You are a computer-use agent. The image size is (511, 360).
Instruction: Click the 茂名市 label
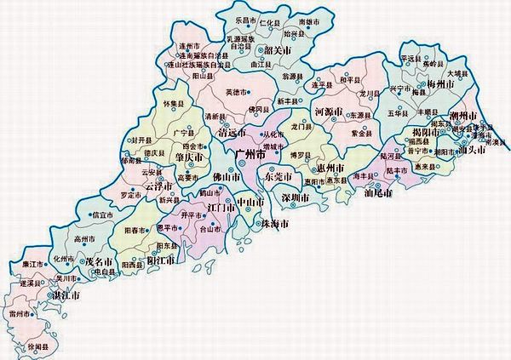tap(99, 263)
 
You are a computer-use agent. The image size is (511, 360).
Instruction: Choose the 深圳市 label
tap(295, 197)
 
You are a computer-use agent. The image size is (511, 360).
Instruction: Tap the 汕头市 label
tap(472, 150)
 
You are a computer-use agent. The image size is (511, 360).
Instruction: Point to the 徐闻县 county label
tap(38, 347)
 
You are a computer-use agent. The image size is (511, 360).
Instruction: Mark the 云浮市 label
tap(158, 186)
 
